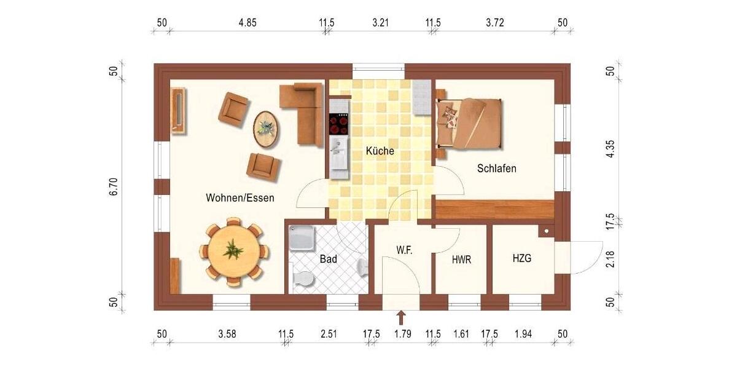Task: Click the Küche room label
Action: coord(380,151)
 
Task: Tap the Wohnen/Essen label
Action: coord(240,198)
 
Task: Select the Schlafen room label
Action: coord(497,168)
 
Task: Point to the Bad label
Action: coord(329,260)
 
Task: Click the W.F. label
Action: coord(404,250)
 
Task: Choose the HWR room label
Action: coord(461,260)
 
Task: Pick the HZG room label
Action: coord(522,259)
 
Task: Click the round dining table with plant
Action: coord(233,252)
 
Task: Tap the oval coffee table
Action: coord(265,129)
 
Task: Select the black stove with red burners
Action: coord(338,125)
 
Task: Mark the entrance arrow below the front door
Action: coord(401,317)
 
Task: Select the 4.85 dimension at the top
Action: coord(248,23)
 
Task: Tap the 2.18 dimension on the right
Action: coord(610,261)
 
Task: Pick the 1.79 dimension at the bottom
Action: coord(402,335)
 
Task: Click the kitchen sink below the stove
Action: coord(338,153)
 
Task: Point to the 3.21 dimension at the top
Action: coord(381,23)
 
